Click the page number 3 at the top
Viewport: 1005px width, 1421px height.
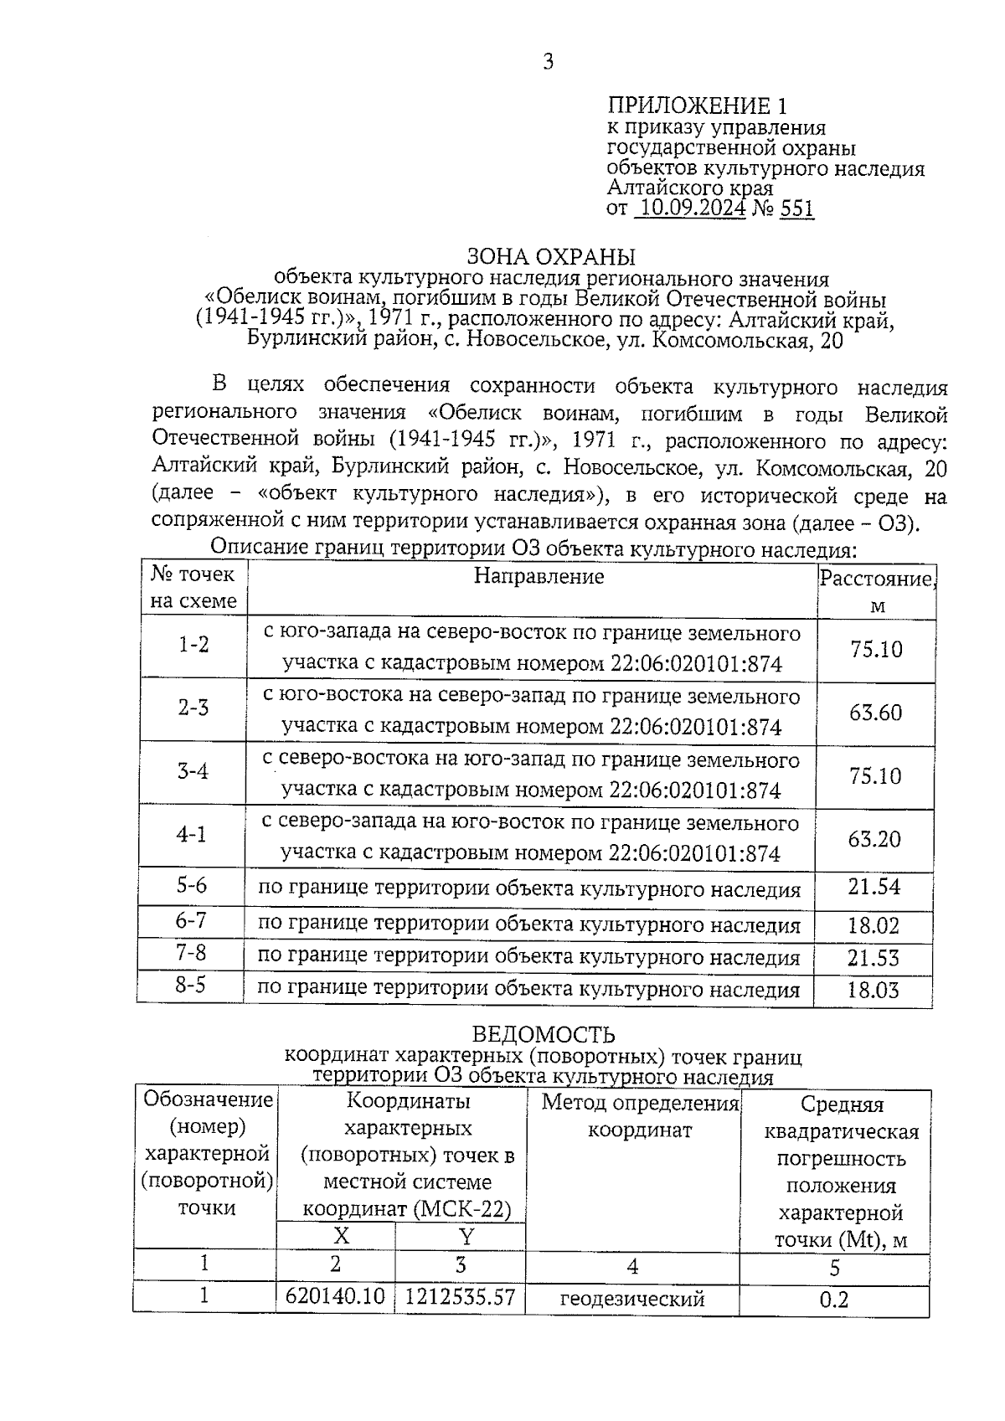pos(548,61)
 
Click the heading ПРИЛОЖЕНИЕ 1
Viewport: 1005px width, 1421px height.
pos(697,106)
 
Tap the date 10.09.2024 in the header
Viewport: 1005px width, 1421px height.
pos(690,208)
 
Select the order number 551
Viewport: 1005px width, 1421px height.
pos(796,208)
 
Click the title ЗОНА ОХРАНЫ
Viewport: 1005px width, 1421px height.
pos(550,256)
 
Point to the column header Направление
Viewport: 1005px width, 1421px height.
pos(539,576)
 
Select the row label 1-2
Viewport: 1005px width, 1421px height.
pos(193,644)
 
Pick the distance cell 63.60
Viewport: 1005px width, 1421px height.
pos(876,713)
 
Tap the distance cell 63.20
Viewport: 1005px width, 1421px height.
pos(874,839)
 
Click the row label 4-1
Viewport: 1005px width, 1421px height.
pos(192,834)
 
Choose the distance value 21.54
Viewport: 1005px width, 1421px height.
pos(874,887)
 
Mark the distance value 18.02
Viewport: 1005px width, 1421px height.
pos(874,925)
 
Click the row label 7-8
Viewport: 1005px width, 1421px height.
pos(191,953)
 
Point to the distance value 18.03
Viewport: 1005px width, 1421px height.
pos(874,991)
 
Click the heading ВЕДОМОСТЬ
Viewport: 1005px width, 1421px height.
pos(544,1036)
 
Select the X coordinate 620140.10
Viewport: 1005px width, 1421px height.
pos(335,1297)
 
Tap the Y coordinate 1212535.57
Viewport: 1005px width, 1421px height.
pos(460,1297)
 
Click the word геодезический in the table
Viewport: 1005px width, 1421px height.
pos(632,1299)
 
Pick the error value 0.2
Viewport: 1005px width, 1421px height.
pos(833,1299)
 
